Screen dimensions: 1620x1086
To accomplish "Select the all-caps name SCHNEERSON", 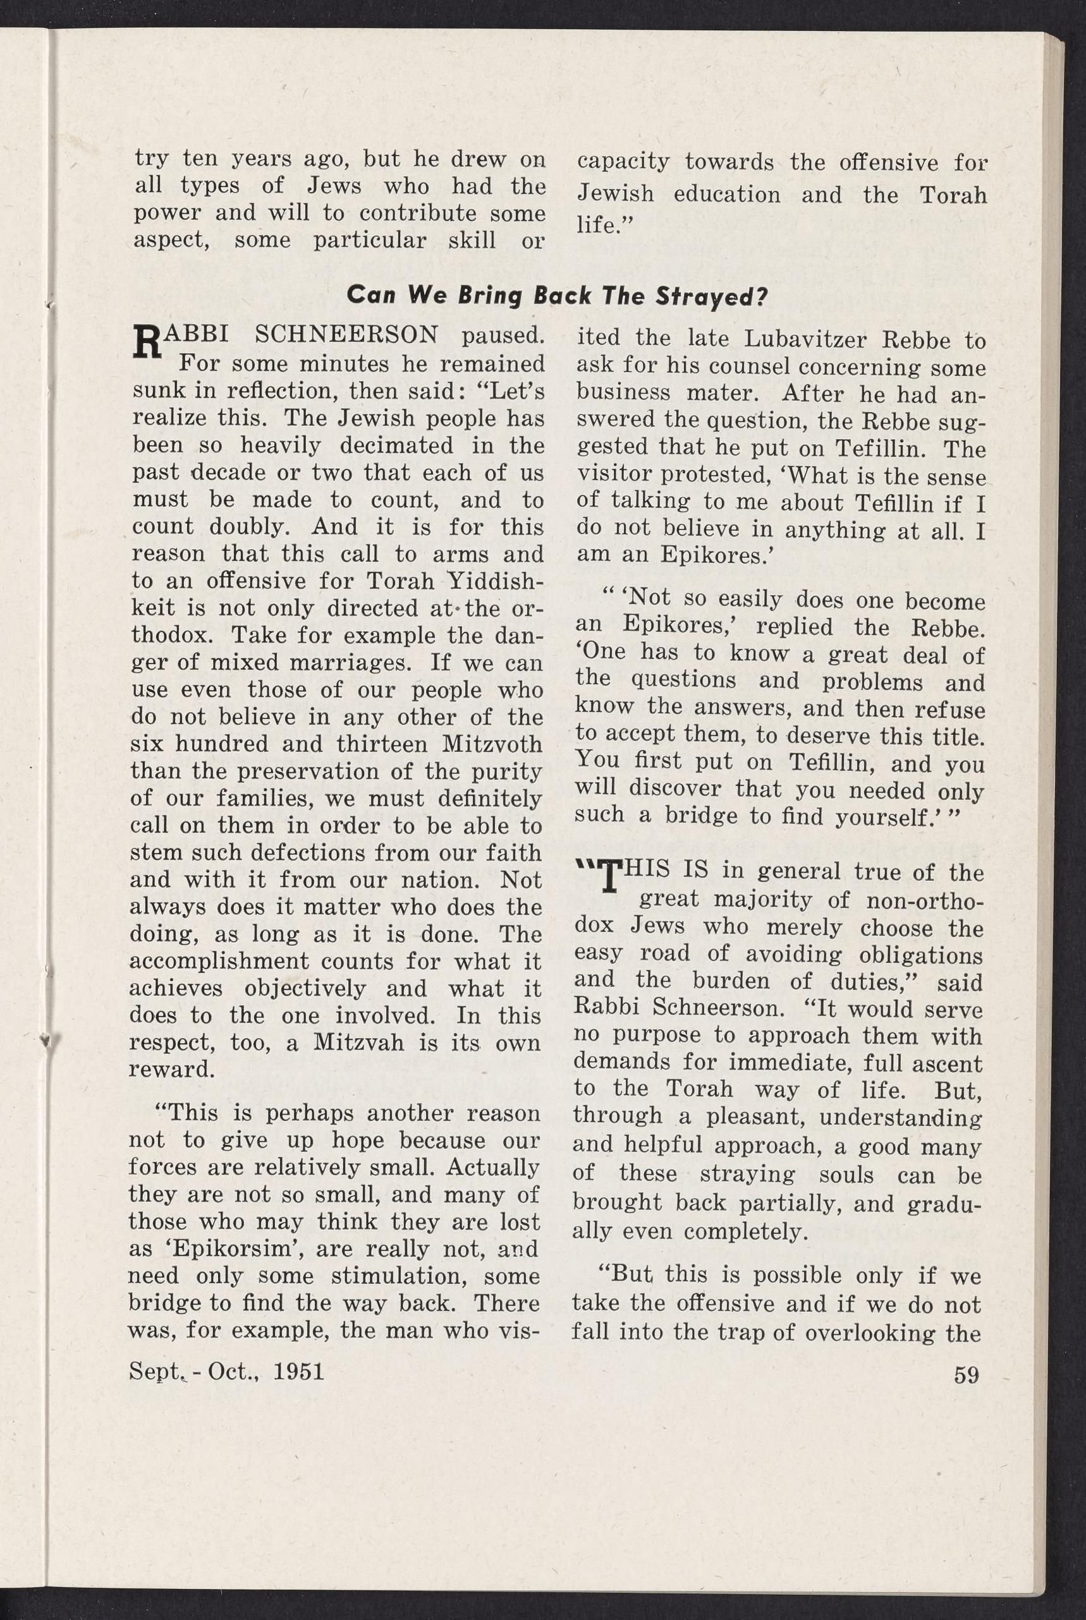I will (346, 335).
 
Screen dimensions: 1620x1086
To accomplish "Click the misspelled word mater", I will (722, 394).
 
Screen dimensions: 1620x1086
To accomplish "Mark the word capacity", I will (623, 162).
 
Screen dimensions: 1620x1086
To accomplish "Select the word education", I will (726, 194).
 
